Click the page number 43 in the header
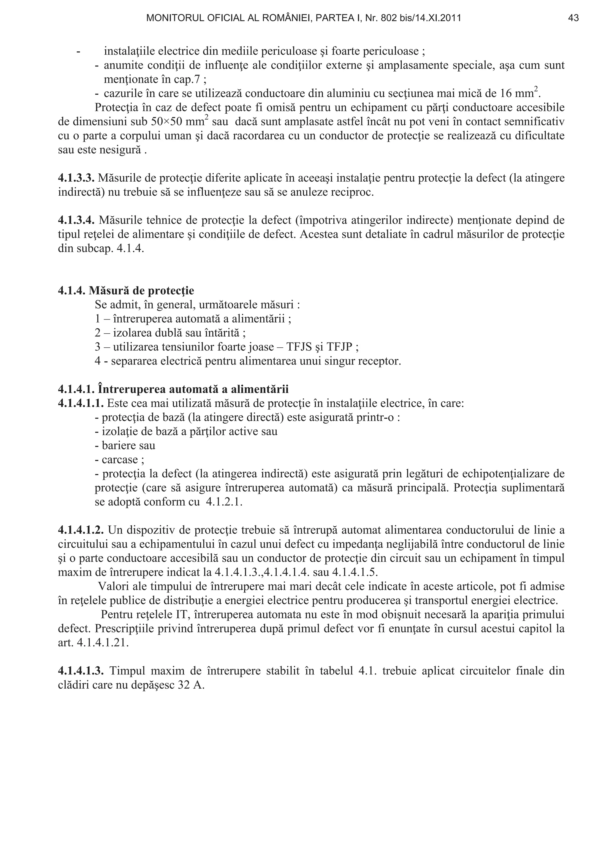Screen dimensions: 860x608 pos(573,18)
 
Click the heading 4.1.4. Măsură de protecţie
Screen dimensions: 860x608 pos(126,291)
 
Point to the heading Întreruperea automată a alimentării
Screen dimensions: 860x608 pos(193,389)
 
